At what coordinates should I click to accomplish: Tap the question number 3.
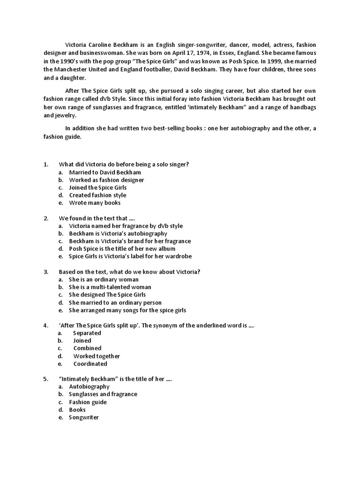point(46,272)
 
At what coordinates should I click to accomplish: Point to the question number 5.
point(46,379)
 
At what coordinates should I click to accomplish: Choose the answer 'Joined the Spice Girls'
point(98,187)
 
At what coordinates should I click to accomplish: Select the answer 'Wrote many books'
point(95,203)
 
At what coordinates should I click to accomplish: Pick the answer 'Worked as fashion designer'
point(106,180)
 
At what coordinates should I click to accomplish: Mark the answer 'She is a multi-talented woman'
point(110,287)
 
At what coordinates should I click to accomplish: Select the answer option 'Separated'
point(87,333)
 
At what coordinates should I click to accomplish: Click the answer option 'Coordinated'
point(90,364)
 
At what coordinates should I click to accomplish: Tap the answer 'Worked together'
point(97,356)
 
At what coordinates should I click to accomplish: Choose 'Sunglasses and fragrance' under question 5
point(103,394)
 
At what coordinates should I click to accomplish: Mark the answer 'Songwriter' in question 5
point(84,417)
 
